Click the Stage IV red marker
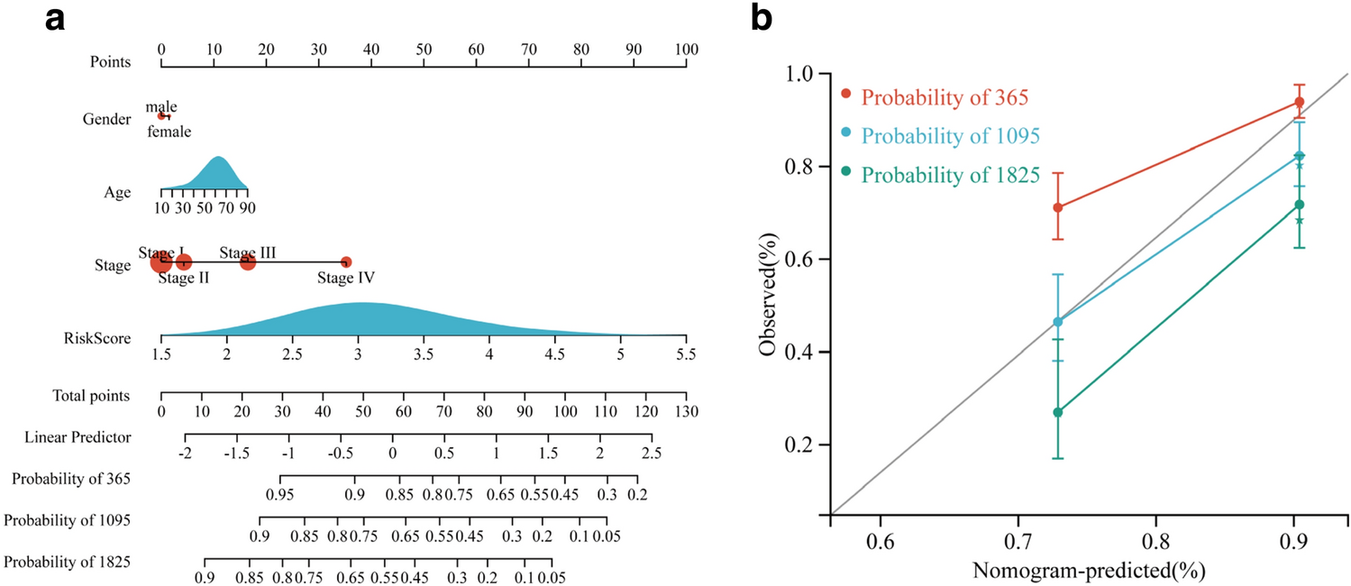click(346, 262)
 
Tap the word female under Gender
click(169, 132)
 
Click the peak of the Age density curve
click(217, 158)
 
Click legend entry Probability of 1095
click(951, 136)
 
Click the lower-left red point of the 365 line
click(1058, 207)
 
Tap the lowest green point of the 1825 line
click(1058, 412)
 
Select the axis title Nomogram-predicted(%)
click(1088, 571)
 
